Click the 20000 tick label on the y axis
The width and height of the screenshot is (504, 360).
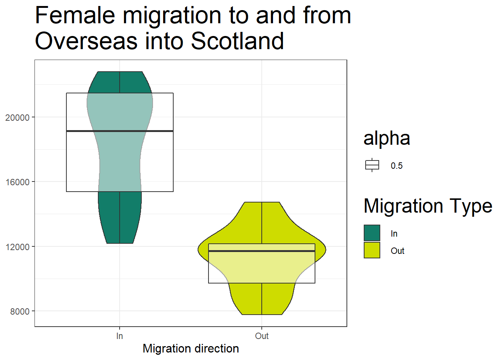pos(17,118)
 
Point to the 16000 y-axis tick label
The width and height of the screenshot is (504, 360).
pos(17,182)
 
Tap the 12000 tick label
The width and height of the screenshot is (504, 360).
pos(17,247)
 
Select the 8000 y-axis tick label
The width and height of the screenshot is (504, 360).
pos(20,312)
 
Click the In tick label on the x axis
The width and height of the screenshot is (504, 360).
pos(120,336)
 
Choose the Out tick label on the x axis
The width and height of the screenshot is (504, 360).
pos(262,336)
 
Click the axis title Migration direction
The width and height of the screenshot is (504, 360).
pos(191,349)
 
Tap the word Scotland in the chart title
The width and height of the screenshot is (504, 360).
pos(237,41)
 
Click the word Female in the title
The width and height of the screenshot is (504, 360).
pos(75,15)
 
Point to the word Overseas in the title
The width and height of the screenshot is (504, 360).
pos(86,41)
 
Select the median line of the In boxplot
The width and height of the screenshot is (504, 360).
pos(120,131)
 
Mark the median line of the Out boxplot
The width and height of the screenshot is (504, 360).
pos(262,251)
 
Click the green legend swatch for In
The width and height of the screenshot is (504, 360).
pos(372,233)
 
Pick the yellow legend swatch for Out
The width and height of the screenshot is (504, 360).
pos(372,250)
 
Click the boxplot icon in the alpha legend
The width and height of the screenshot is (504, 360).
pos(372,165)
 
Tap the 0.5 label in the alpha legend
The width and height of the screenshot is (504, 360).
pos(397,166)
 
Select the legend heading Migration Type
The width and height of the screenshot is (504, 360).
pos(428,206)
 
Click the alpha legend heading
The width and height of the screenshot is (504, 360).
pos(387,138)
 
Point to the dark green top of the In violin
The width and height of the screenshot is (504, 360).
pos(120,82)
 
